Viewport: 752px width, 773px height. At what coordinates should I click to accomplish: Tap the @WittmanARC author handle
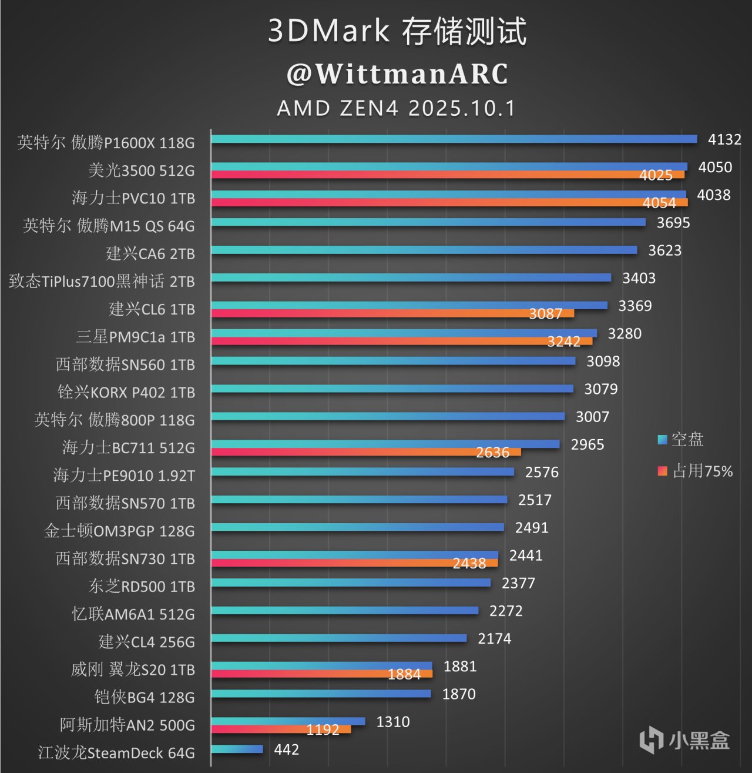tap(397, 74)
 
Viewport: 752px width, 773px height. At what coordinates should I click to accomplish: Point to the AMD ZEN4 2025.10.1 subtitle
tap(397, 108)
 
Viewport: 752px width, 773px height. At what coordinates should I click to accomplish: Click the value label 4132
tap(724, 140)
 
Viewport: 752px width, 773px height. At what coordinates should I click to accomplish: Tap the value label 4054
tap(659, 203)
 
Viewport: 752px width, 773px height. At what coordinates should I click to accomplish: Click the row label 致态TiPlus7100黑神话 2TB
tap(102, 282)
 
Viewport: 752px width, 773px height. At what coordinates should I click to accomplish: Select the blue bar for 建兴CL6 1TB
tap(409, 305)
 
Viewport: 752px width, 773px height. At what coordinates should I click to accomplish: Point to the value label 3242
tap(563, 342)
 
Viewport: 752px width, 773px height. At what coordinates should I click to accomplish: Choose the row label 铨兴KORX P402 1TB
tap(126, 392)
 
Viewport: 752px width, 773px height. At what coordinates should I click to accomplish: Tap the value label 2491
tap(532, 528)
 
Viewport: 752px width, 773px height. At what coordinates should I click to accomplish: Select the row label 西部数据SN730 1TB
tap(125, 558)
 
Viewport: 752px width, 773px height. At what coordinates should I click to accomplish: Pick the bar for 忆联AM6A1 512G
tap(344, 610)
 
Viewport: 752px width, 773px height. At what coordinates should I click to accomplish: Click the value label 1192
tap(323, 730)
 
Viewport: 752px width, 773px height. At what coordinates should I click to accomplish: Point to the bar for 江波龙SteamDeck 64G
tap(237, 749)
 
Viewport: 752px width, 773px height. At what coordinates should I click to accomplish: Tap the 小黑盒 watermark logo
tap(684, 739)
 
